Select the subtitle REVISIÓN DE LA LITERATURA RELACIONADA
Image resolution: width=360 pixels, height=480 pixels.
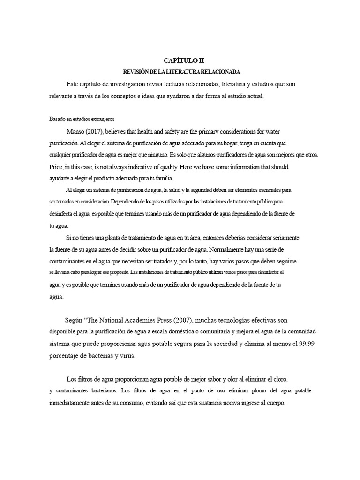181,72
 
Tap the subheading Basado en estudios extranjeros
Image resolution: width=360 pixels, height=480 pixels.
82,119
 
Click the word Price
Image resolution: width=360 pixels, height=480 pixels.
56,166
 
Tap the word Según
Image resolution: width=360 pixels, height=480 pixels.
74,321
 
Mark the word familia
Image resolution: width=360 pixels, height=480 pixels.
162,178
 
